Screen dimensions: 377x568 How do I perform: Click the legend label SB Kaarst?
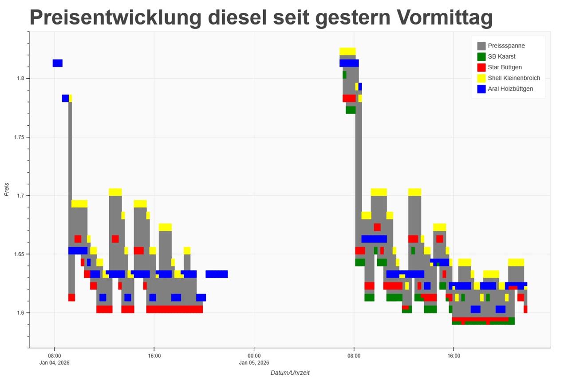501,56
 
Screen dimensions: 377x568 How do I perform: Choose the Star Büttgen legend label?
505,67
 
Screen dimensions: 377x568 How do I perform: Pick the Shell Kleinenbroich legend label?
514,78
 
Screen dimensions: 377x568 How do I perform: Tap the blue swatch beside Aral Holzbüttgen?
481,89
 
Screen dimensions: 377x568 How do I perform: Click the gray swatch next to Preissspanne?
481,46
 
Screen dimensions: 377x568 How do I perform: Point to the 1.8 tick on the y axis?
20,79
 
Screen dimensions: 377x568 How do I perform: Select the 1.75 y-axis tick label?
19,137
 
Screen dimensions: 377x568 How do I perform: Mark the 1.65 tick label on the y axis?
19,254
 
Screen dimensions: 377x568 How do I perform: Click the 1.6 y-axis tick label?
20,313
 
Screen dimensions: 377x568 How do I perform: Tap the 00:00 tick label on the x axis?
254,356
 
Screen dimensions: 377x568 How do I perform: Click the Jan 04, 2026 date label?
55,363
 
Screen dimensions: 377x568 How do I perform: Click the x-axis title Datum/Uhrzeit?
290,373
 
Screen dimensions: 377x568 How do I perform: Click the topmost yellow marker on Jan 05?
347,51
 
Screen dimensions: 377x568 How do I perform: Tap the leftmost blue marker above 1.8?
57,63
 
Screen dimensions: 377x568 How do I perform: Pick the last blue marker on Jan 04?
217,274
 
